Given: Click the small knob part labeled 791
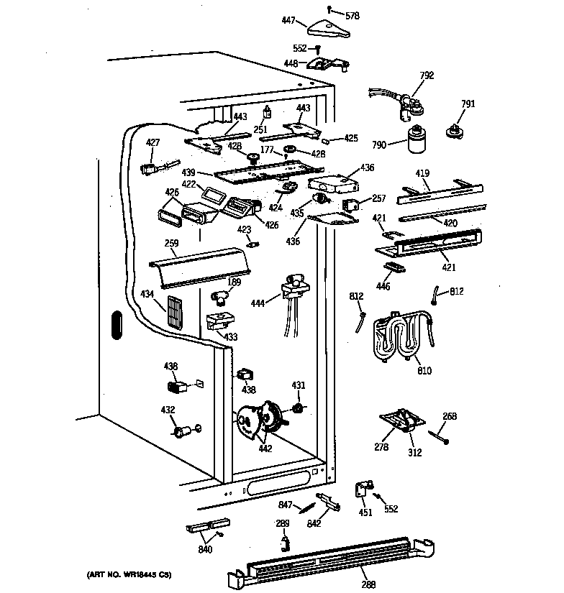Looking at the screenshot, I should tap(454, 129).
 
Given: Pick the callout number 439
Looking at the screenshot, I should tap(188, 173).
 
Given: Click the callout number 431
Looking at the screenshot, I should tap(298, 386).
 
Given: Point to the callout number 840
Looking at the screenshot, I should tap(205, 551).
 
